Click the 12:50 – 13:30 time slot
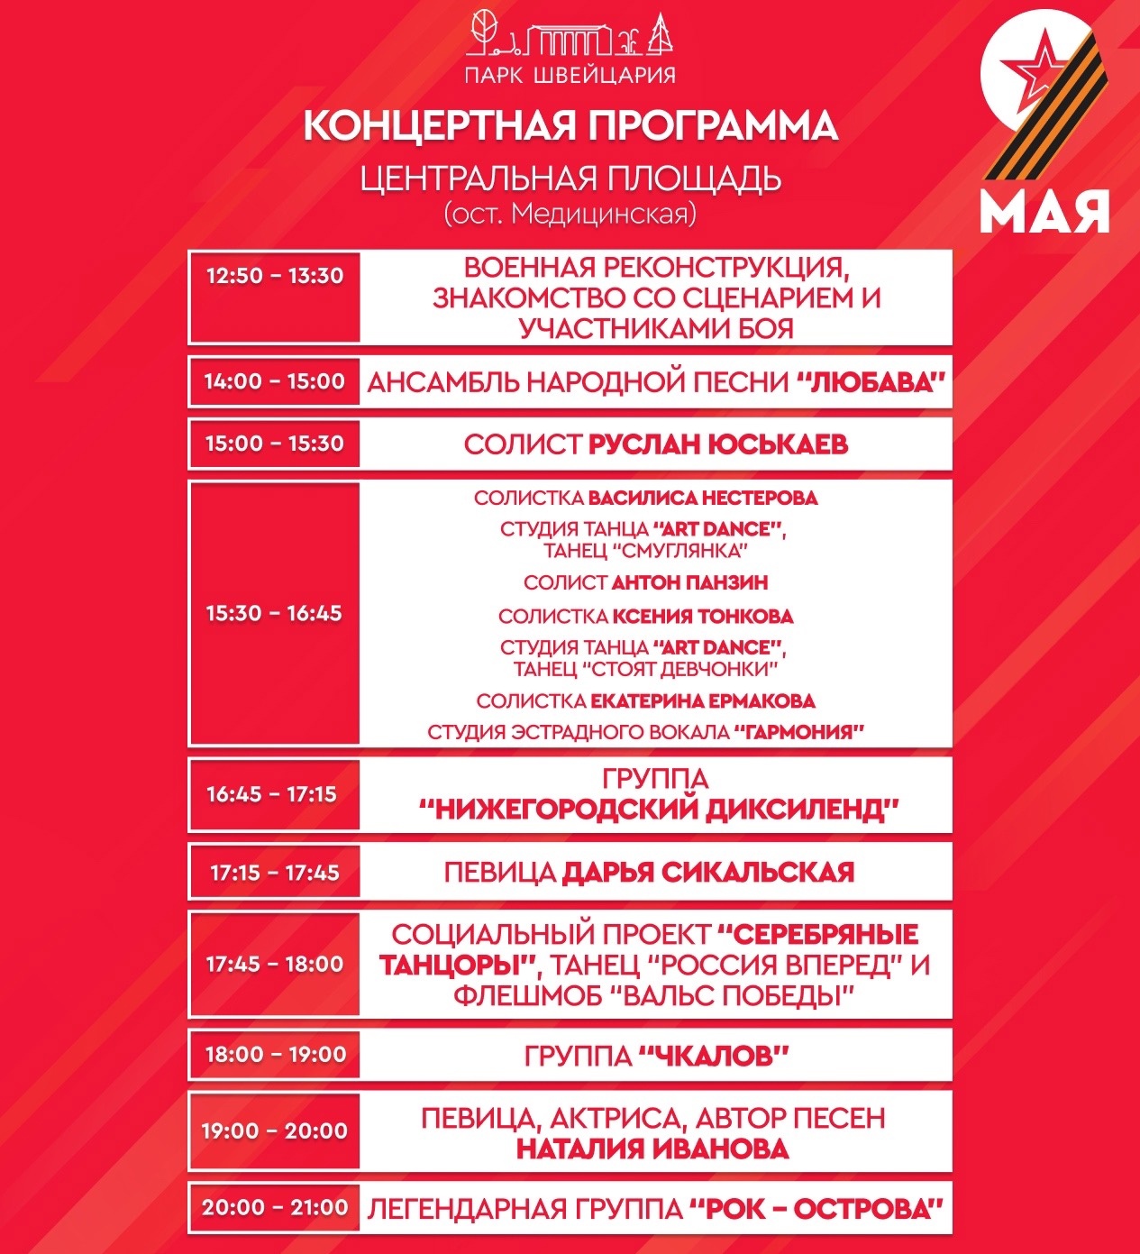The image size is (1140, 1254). pos(275,276)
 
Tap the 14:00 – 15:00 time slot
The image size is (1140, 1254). pos(274,381)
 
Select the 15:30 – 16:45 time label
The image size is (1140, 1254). pos(274,614)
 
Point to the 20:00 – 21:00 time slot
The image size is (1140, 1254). pos(275,1207)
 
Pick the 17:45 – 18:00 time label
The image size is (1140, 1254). pos(275,965)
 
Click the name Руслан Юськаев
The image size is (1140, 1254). pos(718,444)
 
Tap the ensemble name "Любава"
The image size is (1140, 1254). pos(871,382)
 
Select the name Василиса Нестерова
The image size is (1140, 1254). pos(703,498)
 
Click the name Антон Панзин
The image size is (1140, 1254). pos(689,582)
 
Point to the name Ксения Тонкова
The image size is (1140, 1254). pos(703,617)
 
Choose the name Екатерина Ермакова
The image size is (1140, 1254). pos(703,701)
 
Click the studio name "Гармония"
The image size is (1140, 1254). pos(798,732)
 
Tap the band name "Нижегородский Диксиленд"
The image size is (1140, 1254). pos(660,810)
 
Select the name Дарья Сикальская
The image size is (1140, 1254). pos(707,873)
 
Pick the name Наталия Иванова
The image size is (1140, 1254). pos(652,1149)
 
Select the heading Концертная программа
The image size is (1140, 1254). pos(570,126)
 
